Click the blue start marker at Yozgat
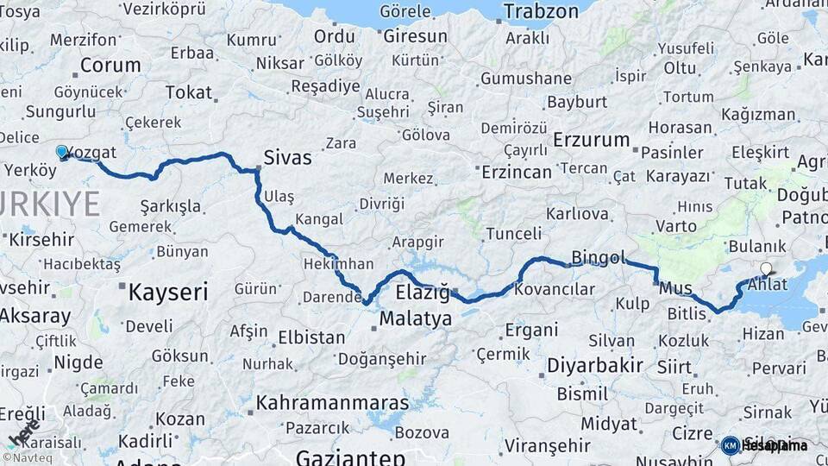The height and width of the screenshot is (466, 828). pos(62,153)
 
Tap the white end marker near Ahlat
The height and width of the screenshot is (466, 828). pos(766,269)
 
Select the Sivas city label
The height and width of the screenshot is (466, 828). pos(287,159)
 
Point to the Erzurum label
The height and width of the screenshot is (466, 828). pos(592,139)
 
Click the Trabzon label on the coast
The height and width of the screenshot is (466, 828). pos(541,11)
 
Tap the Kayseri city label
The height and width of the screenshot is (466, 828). pos(167,292)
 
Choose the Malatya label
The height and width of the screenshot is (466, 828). pos(416,318)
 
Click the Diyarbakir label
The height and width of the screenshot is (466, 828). pos(595,365)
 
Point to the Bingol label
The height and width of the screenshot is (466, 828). pos(598,257)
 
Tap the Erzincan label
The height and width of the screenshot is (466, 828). pos(515,172)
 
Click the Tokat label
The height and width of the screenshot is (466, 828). pos(188,91)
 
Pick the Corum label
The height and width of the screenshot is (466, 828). pos(110,65)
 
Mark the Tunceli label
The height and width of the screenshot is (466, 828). pos(513,234)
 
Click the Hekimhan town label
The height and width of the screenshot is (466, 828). pos(338,264)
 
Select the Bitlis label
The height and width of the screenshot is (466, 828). pos(687,313)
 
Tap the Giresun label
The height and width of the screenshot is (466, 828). pos(415,36)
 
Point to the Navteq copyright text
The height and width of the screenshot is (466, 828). pos(28,457)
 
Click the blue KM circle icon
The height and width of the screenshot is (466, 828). pos(730,445)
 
